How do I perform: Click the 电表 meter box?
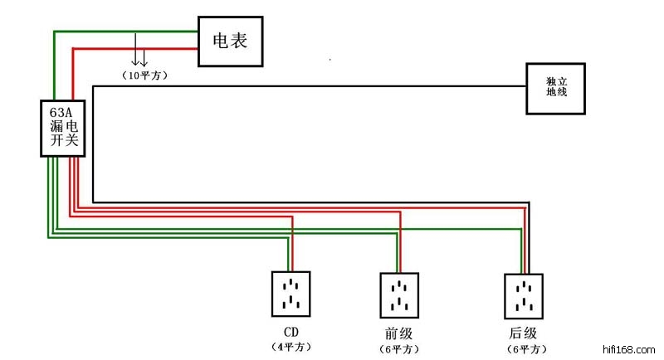coord(230,41)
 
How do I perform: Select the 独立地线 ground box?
coord(556,87)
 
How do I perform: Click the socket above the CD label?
coord(290,294)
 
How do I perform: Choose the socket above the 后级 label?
coord(524,296)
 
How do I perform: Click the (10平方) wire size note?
coord(145,75)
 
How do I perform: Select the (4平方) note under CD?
coord(292,346)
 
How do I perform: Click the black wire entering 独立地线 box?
coord(498,86)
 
